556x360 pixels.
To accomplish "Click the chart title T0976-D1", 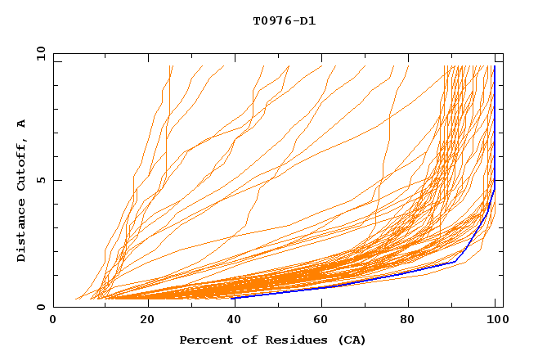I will point(284,20).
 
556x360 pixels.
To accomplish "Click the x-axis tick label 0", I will point(53,322).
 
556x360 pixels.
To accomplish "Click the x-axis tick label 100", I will point(495,322).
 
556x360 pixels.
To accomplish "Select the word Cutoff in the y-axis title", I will point(21,167).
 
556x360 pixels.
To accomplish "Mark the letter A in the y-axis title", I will point(21,123).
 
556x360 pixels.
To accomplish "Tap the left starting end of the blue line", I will point(232,298).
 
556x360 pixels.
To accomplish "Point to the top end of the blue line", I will point(495,67).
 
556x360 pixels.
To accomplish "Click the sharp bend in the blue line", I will point(455,261).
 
